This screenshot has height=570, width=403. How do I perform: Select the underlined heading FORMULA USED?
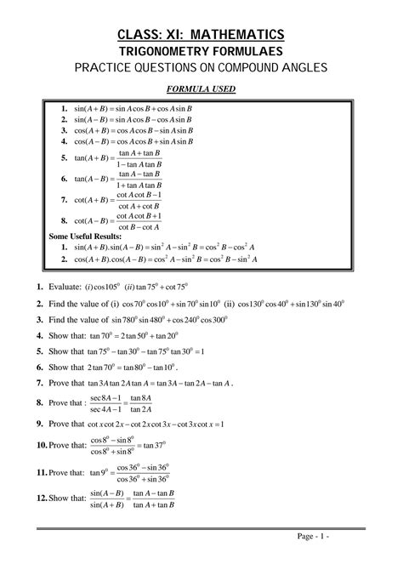(201, 91)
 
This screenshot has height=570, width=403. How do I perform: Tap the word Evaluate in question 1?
(65, 286)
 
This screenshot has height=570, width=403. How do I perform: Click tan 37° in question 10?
(153, 445)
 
